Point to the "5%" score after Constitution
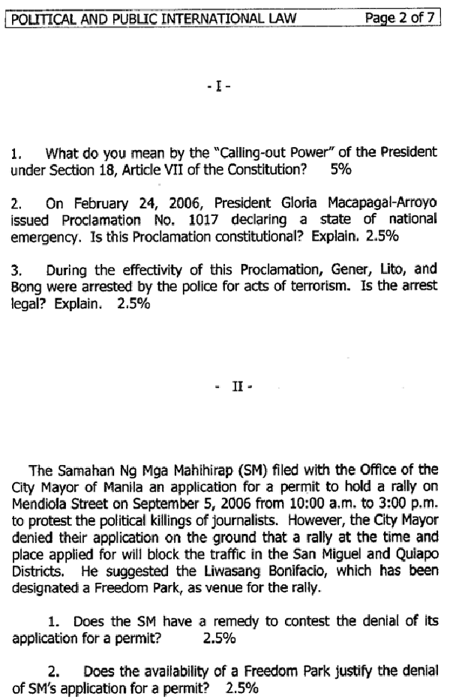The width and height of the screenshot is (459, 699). [340, 169]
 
